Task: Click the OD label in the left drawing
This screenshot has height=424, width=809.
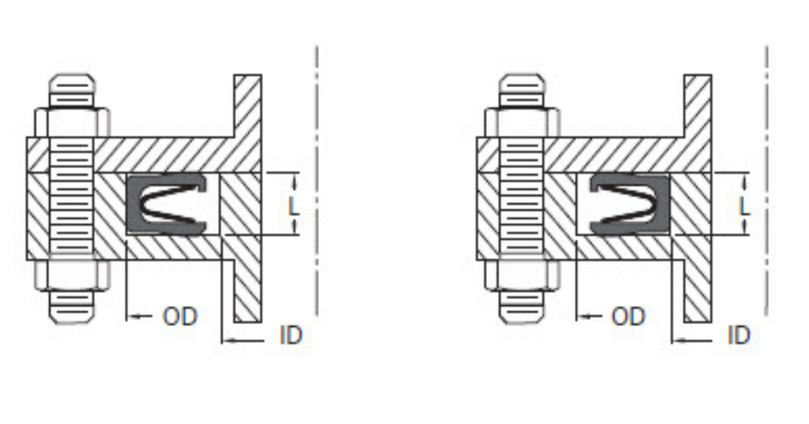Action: pyautogui.click(x=180, y=316)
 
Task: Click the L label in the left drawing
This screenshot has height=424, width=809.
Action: pyautogui.click(x=293, y=206)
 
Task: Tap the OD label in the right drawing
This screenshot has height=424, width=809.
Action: pyautogui.click(x=628, y=316)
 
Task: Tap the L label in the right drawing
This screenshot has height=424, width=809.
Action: pyautogui.click(x=743, y=206)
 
